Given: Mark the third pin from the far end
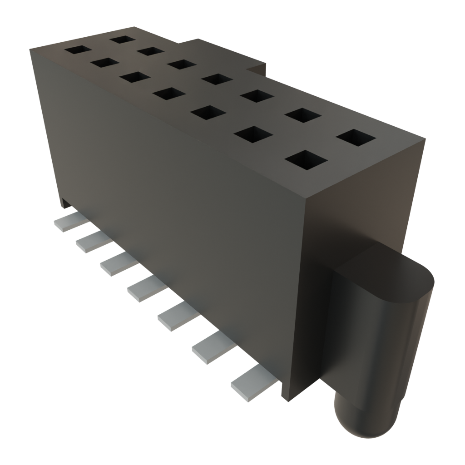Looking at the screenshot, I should point(117,264).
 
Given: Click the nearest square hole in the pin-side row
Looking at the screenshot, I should point(307,159).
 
